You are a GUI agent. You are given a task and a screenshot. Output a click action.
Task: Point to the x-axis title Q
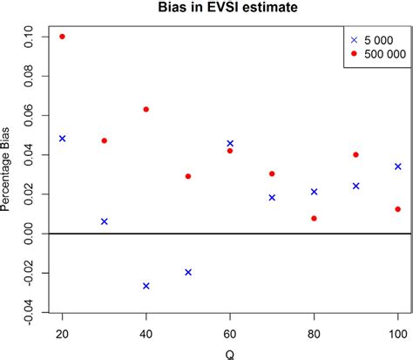(229, 353)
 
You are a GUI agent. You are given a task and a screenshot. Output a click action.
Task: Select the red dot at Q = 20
(62, 37)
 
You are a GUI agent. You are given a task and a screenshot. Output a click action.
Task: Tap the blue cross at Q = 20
(62, 139)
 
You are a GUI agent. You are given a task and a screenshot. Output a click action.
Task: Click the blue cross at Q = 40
(146, 286)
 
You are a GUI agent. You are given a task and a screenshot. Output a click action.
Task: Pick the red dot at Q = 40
(146, 109)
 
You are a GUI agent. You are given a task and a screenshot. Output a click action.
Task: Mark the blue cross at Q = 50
(188, 272)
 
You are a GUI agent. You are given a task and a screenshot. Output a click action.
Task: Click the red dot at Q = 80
(314, 218)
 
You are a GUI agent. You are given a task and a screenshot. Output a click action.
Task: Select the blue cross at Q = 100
(398, 166)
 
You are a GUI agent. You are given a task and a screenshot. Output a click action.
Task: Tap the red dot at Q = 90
(355, 154)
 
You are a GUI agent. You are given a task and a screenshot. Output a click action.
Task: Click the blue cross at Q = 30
(105, 221)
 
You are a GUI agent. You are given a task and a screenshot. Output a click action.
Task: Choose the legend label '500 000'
(383, 53)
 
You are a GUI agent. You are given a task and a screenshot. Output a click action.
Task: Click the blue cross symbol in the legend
(354, 40)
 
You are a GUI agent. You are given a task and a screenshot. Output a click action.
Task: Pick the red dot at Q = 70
(272, 173)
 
